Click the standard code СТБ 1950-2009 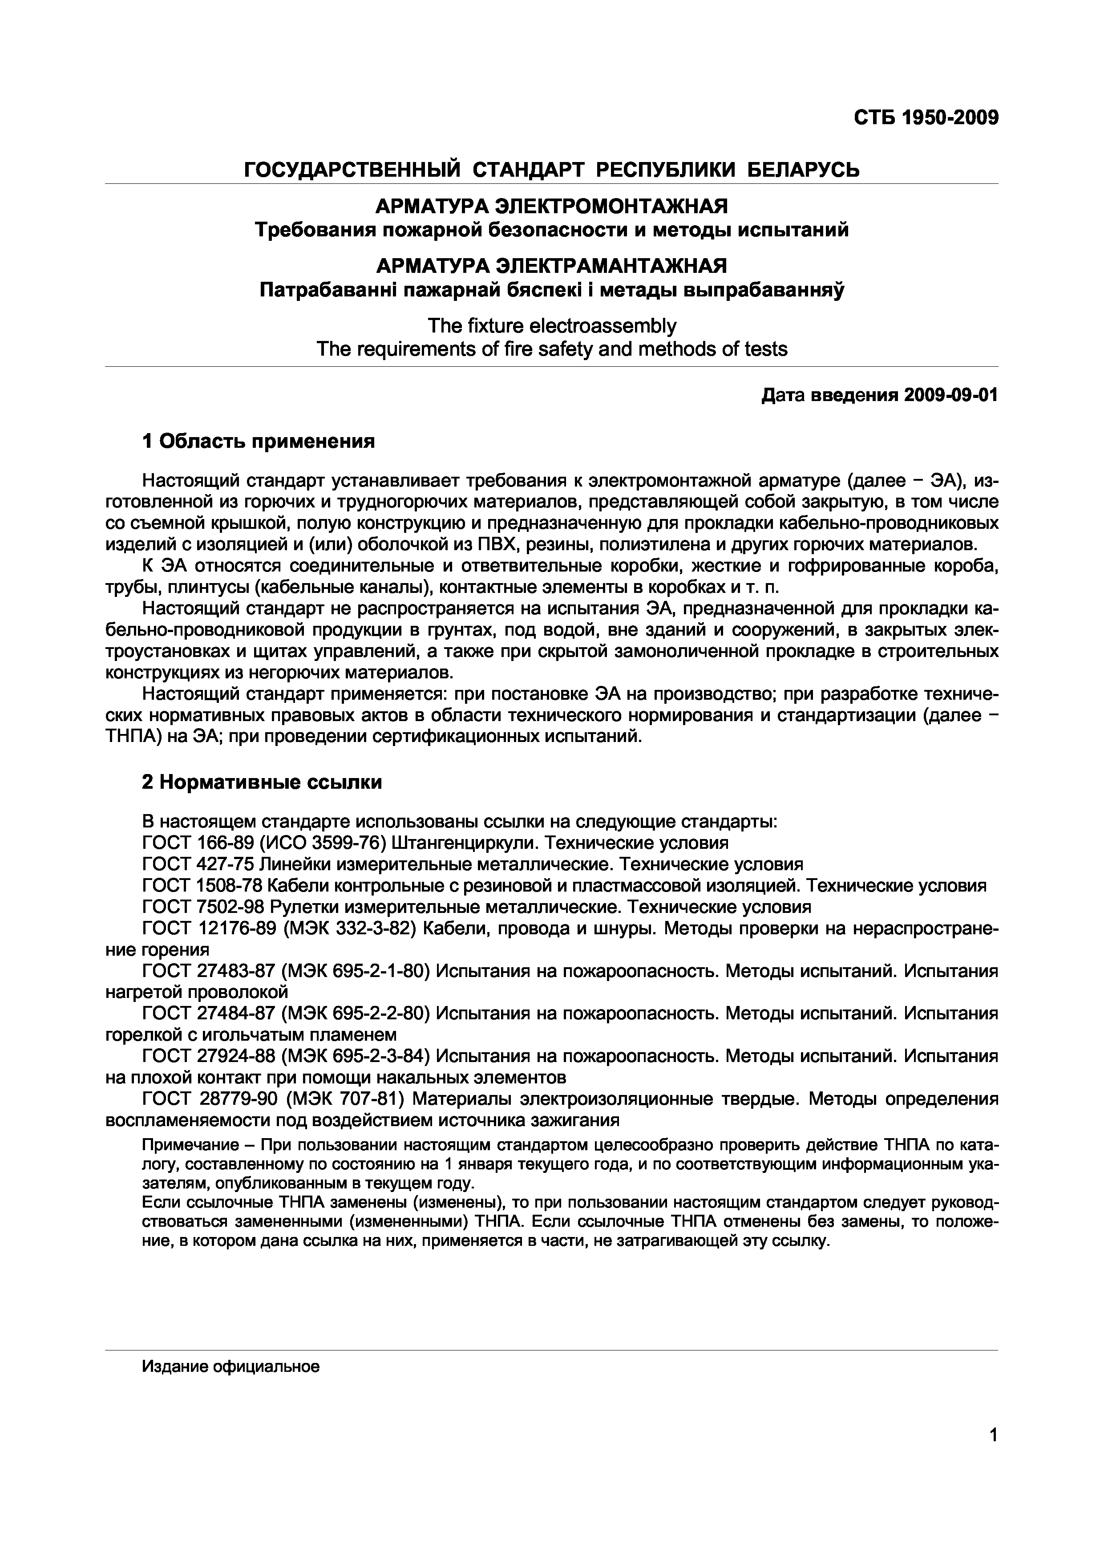point(926,118)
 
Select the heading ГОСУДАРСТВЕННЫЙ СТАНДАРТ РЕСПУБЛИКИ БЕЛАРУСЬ point(551,169)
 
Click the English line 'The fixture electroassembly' point(551,326)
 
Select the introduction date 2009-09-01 point(951,395)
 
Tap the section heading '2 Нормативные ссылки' point(262,783)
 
